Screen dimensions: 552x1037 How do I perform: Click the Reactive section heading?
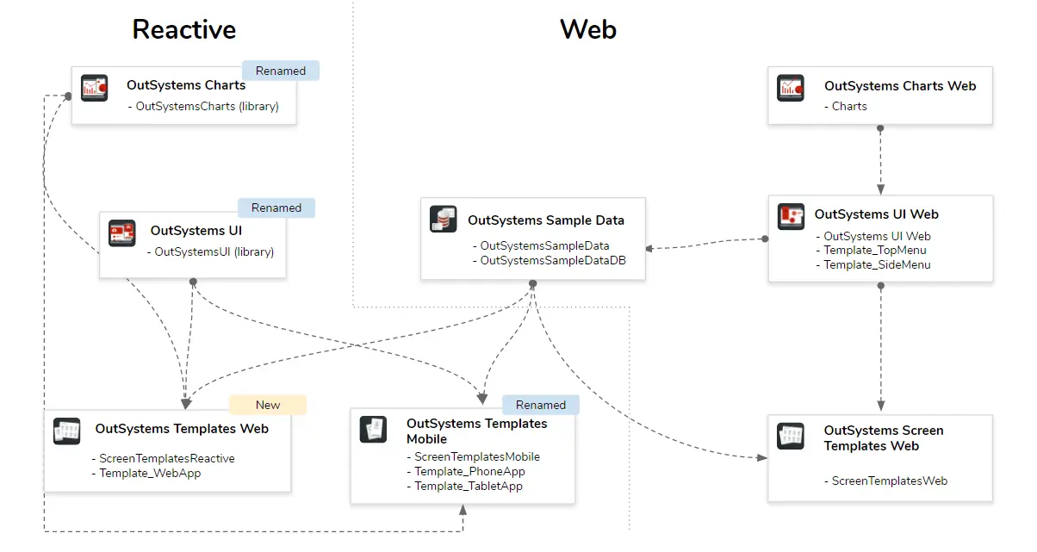tap(183, 30)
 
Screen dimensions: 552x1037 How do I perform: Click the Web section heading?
tap(587, 30)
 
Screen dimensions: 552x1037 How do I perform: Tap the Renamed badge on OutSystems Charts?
tap(281, 71)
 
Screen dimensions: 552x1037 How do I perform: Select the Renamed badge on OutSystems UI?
tap(276, 208)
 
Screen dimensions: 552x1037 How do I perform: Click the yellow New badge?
tap(268, 405)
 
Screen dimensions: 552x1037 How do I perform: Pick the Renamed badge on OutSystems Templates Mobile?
tap(541, 405)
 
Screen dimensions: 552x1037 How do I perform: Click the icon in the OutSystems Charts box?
tap(94, 88)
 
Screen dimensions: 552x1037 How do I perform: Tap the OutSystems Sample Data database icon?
tap(443, 220)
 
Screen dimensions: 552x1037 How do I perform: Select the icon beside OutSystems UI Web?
tap(791, 217)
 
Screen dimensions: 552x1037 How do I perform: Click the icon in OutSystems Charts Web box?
tap(791, 88)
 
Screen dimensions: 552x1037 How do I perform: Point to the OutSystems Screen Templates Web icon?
tap(791, 436)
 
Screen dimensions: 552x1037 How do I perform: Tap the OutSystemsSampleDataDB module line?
tap(552, 260)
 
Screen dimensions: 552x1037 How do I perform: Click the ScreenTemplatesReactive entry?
tap(166, 458)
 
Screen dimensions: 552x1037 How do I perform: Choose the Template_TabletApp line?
tap(468, 486)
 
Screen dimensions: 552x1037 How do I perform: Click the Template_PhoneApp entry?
tap(469, 471)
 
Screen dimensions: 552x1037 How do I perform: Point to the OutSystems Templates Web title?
tap(182, 429)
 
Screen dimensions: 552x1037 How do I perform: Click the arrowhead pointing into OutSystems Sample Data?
tap(649, 248)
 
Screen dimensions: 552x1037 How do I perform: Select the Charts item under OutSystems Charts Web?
tap(849, 106)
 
